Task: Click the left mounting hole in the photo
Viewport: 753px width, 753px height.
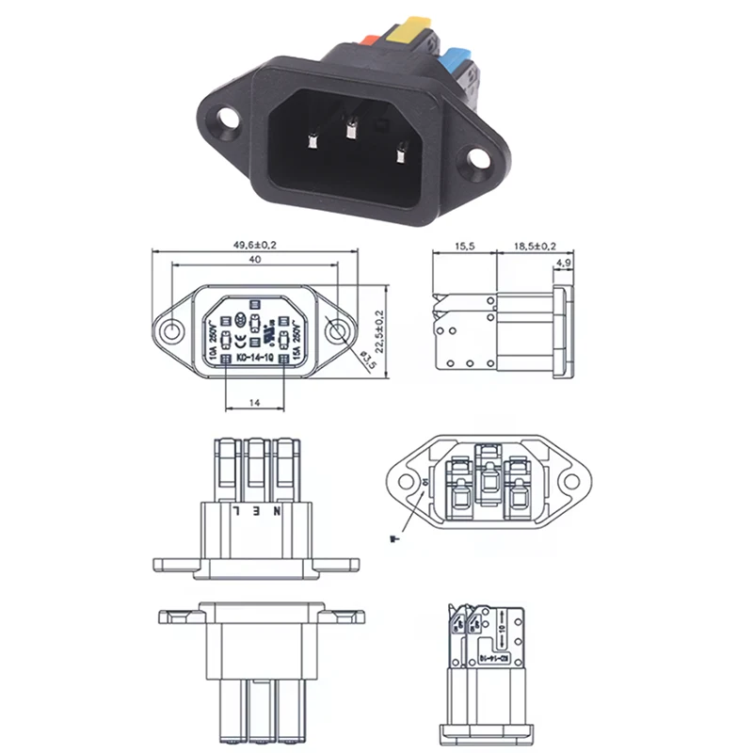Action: click(x=226, y=120)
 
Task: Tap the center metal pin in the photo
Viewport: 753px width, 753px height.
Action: click(x=350, y=130)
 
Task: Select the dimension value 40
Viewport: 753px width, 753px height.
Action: click(x=254, y=259)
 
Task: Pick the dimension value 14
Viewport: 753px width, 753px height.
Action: click(x=254, y=402)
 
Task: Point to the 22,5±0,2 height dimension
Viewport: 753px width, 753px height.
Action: click(x=379, y=330)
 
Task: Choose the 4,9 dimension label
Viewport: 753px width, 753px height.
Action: click(x=564, y=262)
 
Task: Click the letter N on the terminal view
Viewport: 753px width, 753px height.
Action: click(x=277, y=511)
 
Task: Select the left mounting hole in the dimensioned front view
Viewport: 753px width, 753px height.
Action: click(x=172, y=331)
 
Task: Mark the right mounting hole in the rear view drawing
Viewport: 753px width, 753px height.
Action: click(x=569, y=481)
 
